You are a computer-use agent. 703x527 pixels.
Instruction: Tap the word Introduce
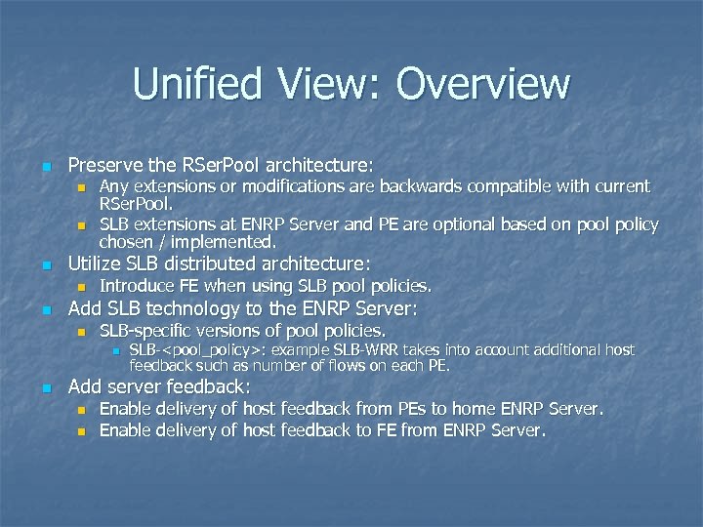(138, 286)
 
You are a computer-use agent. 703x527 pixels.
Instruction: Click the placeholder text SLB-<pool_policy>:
(203, 349)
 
